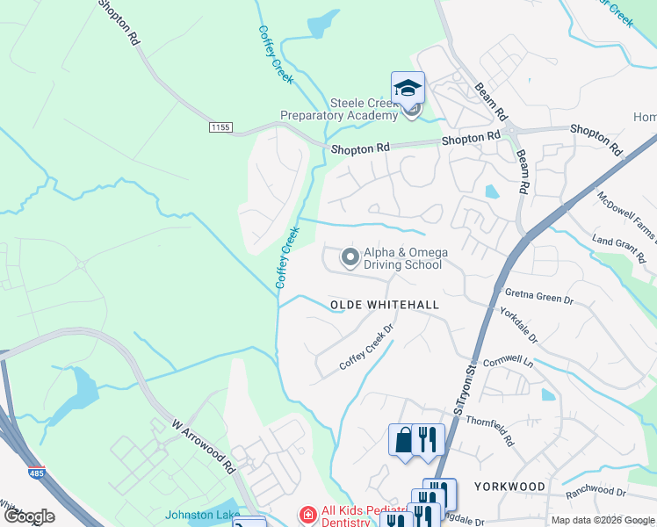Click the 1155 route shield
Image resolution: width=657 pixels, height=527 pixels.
(220, 127)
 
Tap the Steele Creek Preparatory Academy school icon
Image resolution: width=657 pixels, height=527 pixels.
(408, 89)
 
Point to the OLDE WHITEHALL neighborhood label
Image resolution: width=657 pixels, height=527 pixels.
(384, 305)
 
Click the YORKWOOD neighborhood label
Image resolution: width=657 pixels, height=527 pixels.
(509, 486)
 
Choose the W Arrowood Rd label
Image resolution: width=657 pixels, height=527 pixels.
(204, 445)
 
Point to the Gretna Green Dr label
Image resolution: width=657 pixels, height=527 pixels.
(539, 295)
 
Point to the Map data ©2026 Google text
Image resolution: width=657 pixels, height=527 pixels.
(603, 520)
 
